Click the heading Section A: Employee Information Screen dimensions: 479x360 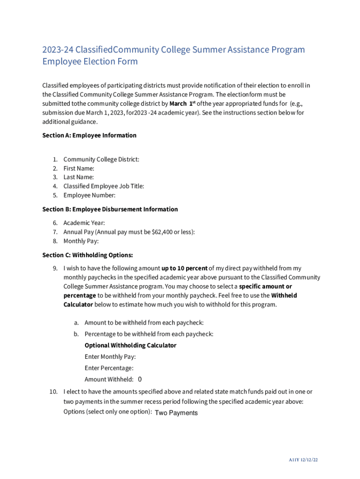pyautogui.click(x=89, y=135)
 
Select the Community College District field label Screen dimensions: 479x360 pyautogui.click(x=101, y=159)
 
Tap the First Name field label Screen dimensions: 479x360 pyautogui.click(x=79, y=168)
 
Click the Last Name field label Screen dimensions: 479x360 pyautogui.click(x=79, y=177)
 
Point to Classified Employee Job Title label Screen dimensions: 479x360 pyautogui.click(x=104, y=186)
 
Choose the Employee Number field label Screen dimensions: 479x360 pyautogui.click(x=89, y=195)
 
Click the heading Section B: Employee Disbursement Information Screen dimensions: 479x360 pyautogui.click(x=110, y=209)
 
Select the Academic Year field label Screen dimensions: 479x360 pyautogui.click(x=84, y=223)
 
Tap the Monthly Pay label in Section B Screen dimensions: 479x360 pyautogui.click(x=81, y=241)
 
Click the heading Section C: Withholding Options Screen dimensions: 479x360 pyautogui.click(x=87, y=255)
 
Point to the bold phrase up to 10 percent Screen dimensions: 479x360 pyautogui.click(x=184, y=268)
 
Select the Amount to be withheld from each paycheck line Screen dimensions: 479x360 pyautogui.click(x=144, y=322)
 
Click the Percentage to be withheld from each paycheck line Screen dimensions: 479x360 pyautogui.click(x=149, y=334)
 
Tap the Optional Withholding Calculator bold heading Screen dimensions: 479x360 pyautogui.click(x=130, y=345)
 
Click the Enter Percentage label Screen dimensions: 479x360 pyautogui.click(x=109, y=368)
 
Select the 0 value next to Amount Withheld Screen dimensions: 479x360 pyautogui.click(x=140, y=379)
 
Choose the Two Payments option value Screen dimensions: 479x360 pyautogui.click(x=176, y=413)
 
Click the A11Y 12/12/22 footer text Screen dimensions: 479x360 pyautogui.click(x=303, y=460)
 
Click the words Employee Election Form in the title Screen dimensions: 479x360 pyautogui.click(x=90, y=61)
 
